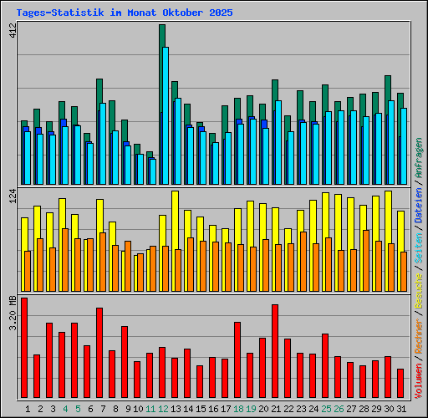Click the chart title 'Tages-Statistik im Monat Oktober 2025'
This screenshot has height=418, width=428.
click(125, 13)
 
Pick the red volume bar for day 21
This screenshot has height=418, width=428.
click(275, 352)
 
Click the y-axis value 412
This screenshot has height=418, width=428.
click(12, 32)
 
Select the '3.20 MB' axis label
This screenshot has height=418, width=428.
click(12, 311)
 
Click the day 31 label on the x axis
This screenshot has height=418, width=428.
click(401, 409)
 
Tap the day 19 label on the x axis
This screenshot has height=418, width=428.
click(251, 409)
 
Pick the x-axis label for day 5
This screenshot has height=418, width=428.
click(78, 409)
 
